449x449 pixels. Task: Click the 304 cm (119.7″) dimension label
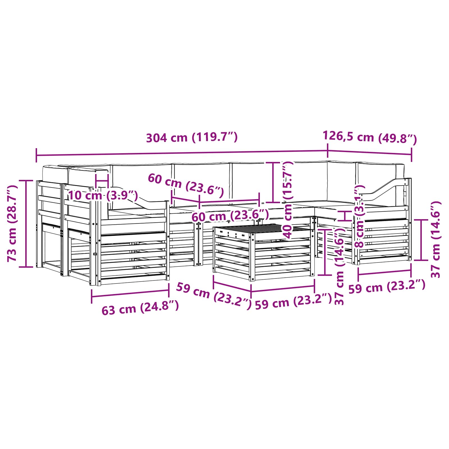click(192, 138)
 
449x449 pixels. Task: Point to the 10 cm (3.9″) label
click(103, 195)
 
